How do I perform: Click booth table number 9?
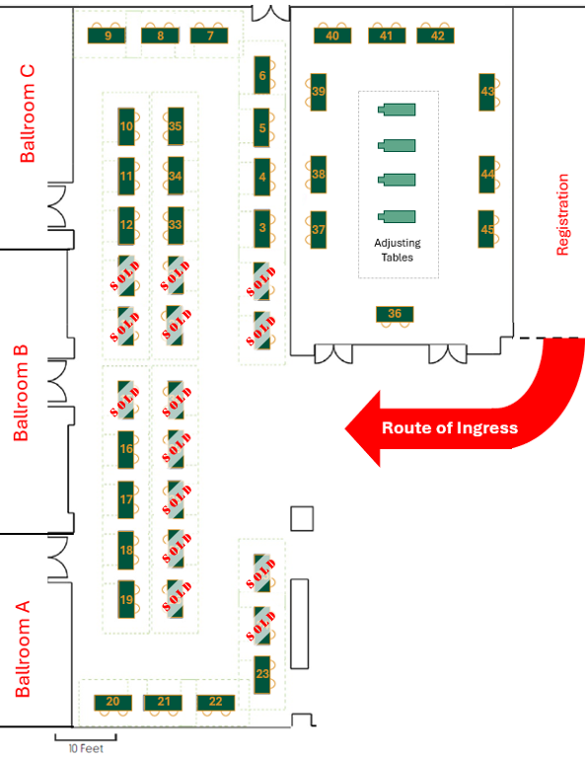tap(107, 36)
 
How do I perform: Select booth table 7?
tap(209, 36)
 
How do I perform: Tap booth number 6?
tap(262, 75)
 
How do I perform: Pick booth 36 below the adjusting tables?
tap(395, 314)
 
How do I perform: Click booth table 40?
tap(332, 36)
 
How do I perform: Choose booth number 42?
tap(436, 36)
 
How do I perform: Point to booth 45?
tap(486, 229)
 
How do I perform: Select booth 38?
tap(318, 175)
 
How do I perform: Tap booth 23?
tap(262, 674)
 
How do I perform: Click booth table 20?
tap(112, 702)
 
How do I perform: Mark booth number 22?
tap(216, 702)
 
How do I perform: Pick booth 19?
tap(126, 599)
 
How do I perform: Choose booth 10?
tap(126, 126)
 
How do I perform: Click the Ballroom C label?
tap(27, 114)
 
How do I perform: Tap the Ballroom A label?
tap(23, 648)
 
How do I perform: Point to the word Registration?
tap(562, 214)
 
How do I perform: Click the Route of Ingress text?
tap(450, 427)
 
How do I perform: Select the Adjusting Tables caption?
tap(398, 250)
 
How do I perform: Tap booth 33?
tap(175, 224)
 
